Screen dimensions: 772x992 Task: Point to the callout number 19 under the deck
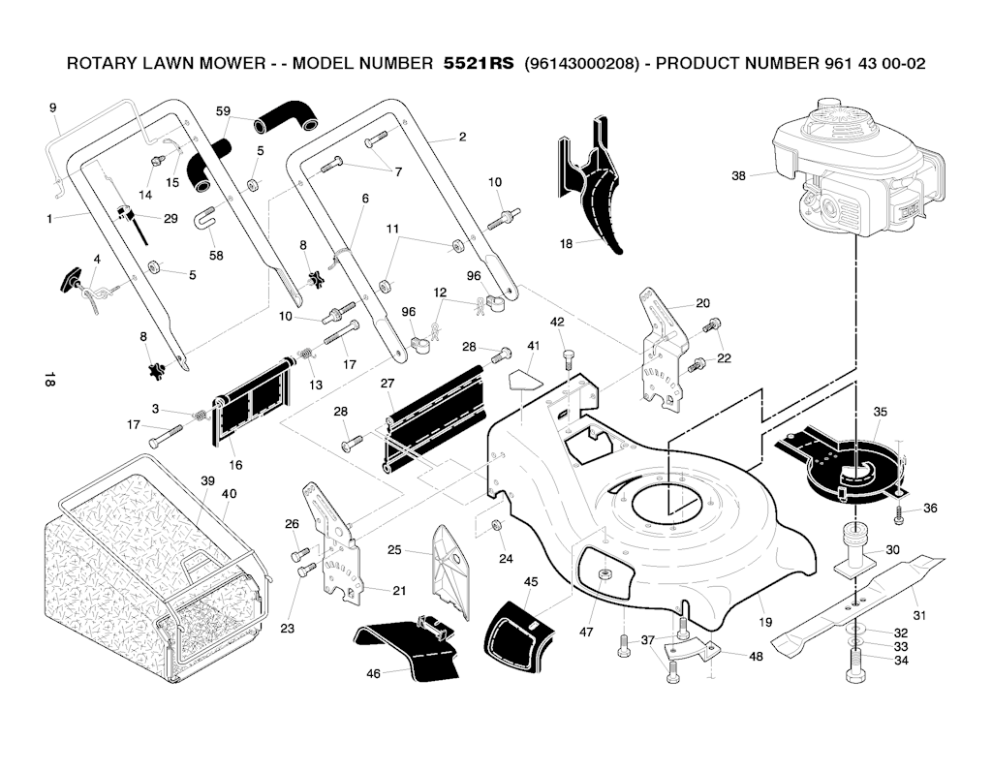(x=765, y=623)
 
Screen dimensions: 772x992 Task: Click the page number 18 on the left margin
(x=48, y=380)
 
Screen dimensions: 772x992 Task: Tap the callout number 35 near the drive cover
(x=880, y=412)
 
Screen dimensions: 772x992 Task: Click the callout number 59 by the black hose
(x=223, y=111)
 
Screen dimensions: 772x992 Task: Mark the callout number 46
(x=374, y=673)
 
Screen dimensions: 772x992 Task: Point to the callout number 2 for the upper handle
(x=462, y=137)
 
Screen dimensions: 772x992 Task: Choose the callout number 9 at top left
(x=52, y=108)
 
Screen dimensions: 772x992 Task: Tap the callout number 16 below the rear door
(x=235, y=465)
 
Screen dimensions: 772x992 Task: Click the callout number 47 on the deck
(x=586, y=632)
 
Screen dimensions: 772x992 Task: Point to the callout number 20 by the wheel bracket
(x=702, y=303)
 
